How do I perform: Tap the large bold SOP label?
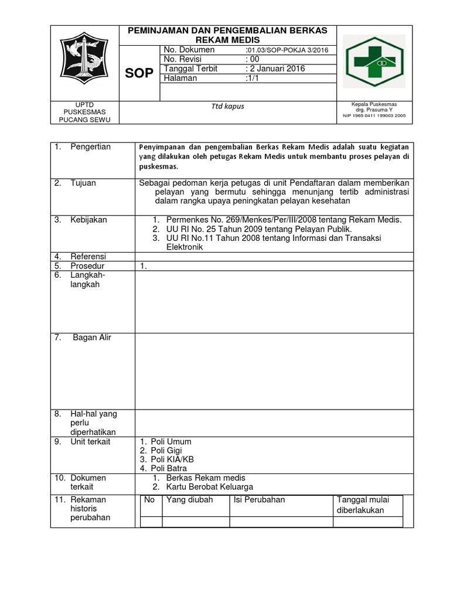pyautogui.click(x=140, y=73)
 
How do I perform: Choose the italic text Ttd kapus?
pyautogui.click(x=230, y=107)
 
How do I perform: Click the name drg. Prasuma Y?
pyautogui.click(x=374, y=110)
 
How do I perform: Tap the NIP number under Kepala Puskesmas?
pyautogui.click(x=374, y=116)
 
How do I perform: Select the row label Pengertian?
pyautogui.click(x=91, y=146)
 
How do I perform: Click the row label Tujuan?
pyautogui.click(x=83, y=183)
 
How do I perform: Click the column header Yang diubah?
pyautogui.click(x=190, y=500)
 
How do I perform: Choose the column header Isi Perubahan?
pyautogui.click(x=259, y=500)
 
